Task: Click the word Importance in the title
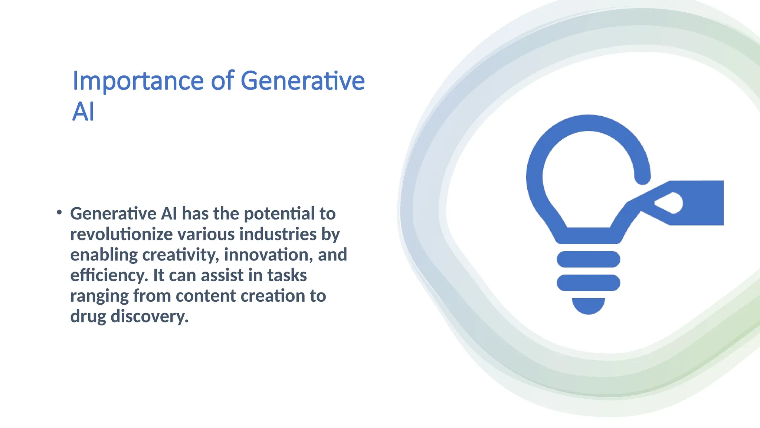coord(138,81)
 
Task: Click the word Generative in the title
coord(302,81)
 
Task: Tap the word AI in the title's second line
coord(83,112)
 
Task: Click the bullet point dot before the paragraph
coord(59,212)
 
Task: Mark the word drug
coord(88,317)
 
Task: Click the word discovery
coord(150,317)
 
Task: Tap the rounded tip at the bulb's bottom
coord(588,305)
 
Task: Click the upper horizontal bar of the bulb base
coord(588,259)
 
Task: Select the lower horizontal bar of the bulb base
coord(588,283)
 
